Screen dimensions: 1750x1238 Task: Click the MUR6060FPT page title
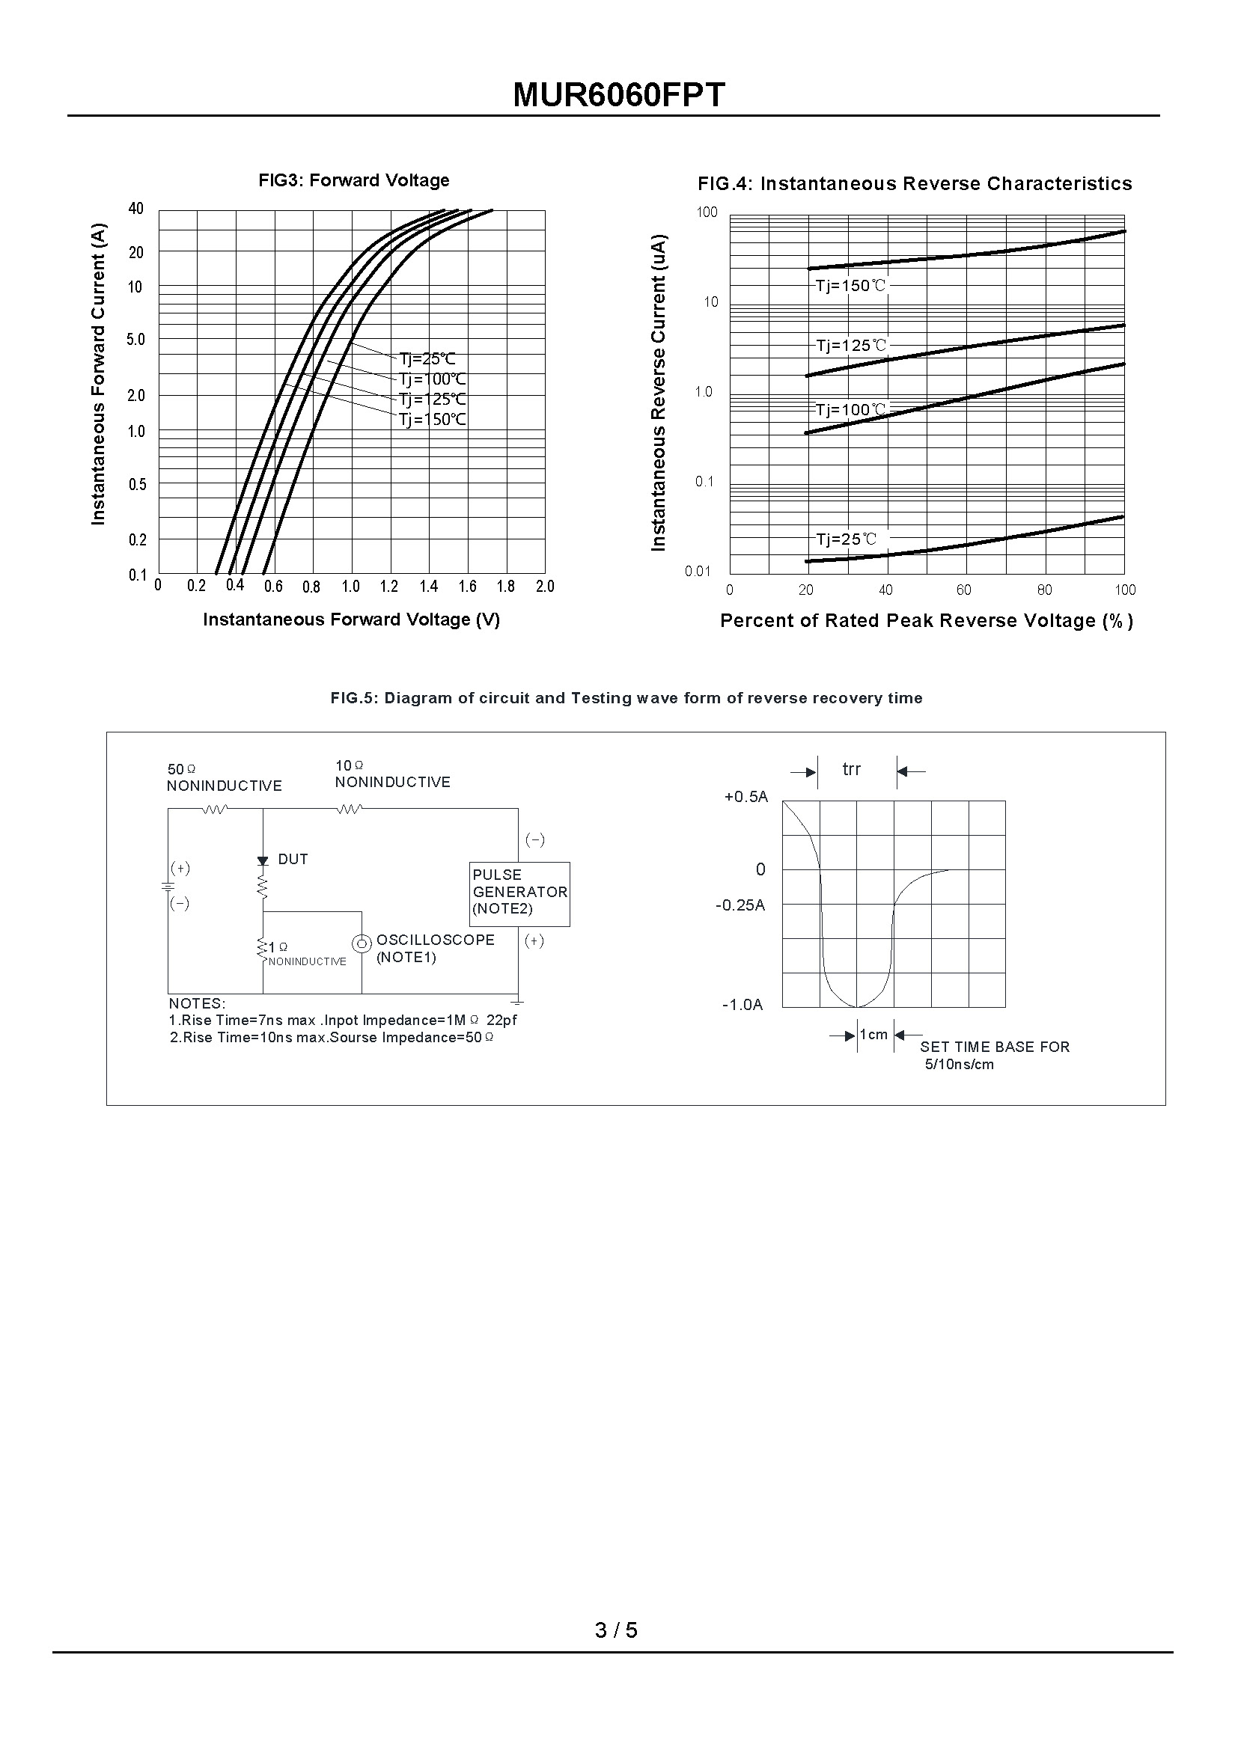pyautogui.click(x=618, y=95)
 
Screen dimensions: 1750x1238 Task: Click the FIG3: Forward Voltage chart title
pyautogui.click(x=354, y=180)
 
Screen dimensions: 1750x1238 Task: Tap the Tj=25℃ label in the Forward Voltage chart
pyautogui.click(x=427, y=359)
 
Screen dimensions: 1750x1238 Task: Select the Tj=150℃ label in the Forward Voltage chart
pyautogui.click(x=432, y=419)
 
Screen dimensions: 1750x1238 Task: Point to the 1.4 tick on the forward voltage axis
pyautogui.click(x=428, y=586)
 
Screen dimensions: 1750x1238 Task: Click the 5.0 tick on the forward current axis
pyautogui.click(x=135, y=340)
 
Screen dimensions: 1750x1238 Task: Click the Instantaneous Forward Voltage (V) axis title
pyautogui.click(x=352, y=619)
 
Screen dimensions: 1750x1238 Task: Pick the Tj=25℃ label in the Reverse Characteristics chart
pyautogui.click(x=847, y=539)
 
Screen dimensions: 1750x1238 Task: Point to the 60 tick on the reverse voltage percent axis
pyautogui.click(x=964, y=590)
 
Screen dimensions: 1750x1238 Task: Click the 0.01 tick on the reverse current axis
pyautogui.click(x=698, y=572)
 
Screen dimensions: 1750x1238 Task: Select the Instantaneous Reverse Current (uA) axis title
pyautogui.click(x=659, y=392)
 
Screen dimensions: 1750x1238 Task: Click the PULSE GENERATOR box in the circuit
pyautogui.click(x=519, y=894)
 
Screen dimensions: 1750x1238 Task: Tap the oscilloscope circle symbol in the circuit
pyautogui.click(x=362, y=943)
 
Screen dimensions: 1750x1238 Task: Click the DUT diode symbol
pyautogui.click(x=263, y=860)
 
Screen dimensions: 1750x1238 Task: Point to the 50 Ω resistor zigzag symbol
pyautogui.click(x=215, y=809)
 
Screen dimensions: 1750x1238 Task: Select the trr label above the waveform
pyautogui.click(x=852, y=770)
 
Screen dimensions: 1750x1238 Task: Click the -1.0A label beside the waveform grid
pyautogui.click(x=743, y=1005)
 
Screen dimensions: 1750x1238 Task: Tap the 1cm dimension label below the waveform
pyautogui.click(x=873, y=1034)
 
